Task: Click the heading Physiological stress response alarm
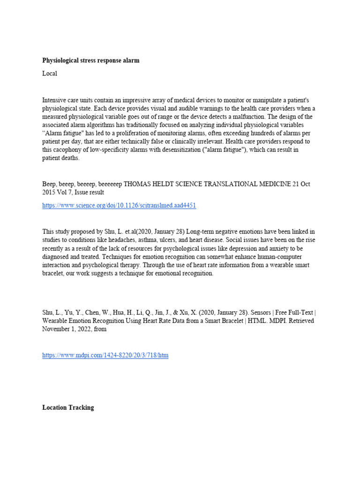[90, 61]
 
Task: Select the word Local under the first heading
[50, 74]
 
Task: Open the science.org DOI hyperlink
[119, 205]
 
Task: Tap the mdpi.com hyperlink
[105, 355]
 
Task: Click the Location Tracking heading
[68, 408]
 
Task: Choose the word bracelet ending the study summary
[54, 274]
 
